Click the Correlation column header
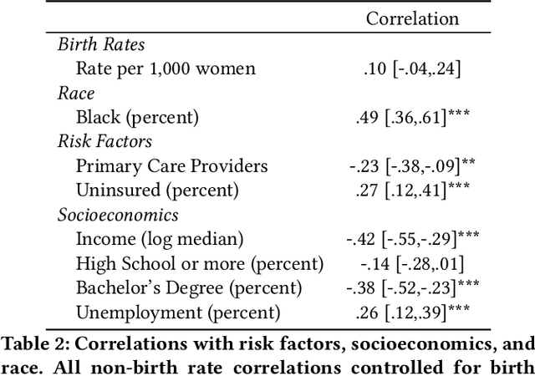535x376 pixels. (413, 18)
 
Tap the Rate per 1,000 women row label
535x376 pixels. (166, 69)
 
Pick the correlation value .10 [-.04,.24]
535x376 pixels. (414, 69)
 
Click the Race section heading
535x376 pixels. (76, 94)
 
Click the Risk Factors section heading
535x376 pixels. (105, 142)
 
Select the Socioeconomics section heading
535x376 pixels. (118, 215)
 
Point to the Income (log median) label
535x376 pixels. (160, 240)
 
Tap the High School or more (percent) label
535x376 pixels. (199, 264)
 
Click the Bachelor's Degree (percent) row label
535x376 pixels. (189, 288)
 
